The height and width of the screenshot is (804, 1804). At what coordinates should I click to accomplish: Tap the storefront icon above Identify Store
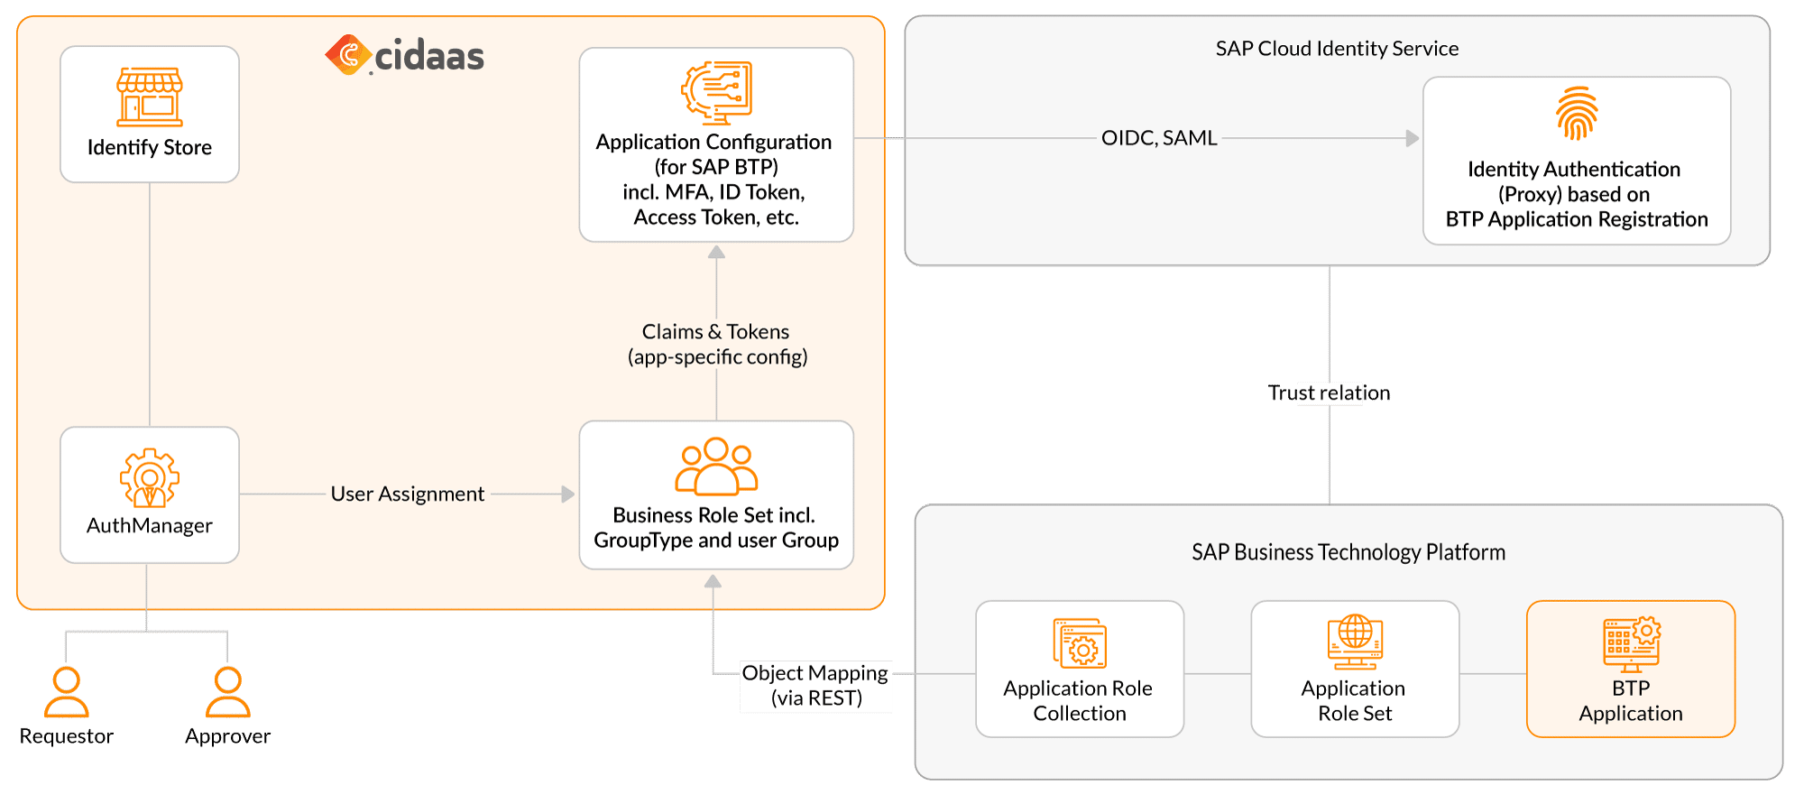click(150, 97)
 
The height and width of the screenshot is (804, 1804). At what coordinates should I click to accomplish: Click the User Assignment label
click(407, 494)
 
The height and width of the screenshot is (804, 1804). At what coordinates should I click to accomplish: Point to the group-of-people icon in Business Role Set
click(716, 467)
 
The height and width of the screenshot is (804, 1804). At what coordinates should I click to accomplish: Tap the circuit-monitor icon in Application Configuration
click(716, 92)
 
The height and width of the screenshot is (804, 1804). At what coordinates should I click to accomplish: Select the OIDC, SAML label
click(1159, 138)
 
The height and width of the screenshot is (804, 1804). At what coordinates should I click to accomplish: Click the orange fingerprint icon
click(1577, 114)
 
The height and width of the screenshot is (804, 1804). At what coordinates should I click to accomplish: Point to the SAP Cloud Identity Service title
click(1337, 49)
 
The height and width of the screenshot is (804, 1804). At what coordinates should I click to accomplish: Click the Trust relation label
click(1329, 393)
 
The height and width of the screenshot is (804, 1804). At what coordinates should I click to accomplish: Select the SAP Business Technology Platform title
click(1348, 552)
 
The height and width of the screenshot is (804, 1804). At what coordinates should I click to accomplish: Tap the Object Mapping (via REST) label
click(815, 686)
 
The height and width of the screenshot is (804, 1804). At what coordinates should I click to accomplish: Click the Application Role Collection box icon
click(1080, 643)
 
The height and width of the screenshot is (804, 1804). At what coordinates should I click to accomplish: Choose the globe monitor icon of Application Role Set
click(1355, 642)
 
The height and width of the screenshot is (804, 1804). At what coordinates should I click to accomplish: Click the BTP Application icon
click(1631, 644)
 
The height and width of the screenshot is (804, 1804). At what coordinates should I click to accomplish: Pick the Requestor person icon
click(67, 692)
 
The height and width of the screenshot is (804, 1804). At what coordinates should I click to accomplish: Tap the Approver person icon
click(228, 692)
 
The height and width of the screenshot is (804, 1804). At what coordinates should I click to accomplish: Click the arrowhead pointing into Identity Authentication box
click(1413, 138)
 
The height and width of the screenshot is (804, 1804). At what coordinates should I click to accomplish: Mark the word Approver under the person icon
click(228, 736)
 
